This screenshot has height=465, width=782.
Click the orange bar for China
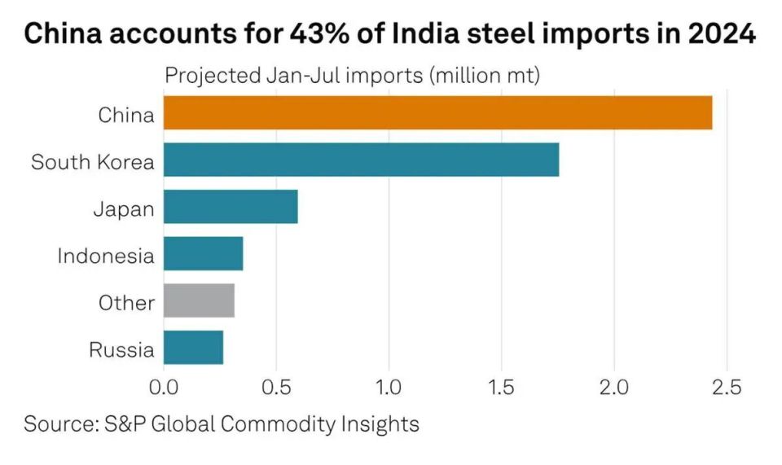coord(437,112)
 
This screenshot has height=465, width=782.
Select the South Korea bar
coord(361,160)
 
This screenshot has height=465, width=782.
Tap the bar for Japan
coord(231,207)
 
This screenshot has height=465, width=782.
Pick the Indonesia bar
coord(203,253)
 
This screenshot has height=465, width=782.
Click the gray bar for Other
coord(199,300)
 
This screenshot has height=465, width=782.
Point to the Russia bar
coord(193,348)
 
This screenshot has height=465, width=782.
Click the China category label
coord(125,115)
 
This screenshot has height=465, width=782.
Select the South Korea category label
coord(92,162)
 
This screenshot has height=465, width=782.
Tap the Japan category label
coord(123,209)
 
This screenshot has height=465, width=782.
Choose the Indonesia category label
coord(105,256)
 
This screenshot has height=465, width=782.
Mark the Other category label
coord(126,303)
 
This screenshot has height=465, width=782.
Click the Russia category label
coord(121,350)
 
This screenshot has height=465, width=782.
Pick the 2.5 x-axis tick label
coord(726,387)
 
